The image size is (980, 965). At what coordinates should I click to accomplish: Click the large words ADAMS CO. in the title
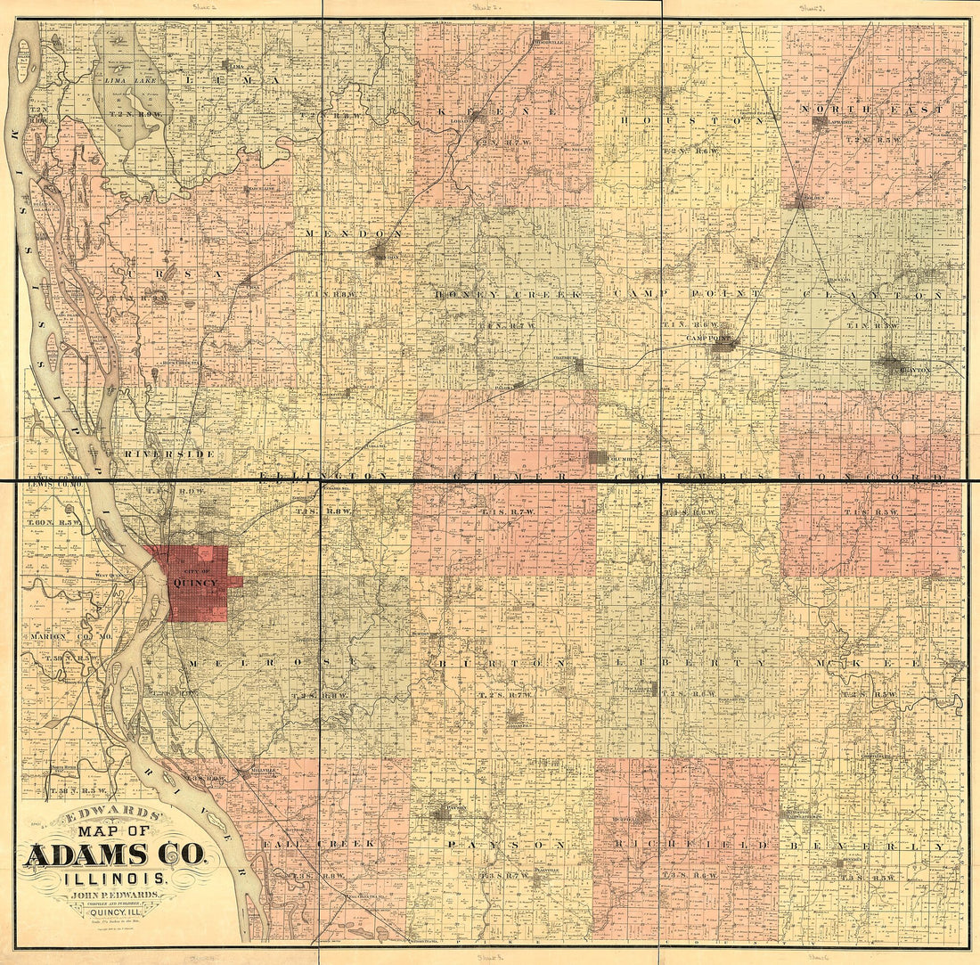click(x=116, y=855)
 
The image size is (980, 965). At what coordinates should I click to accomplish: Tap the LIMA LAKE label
click(x=131, y=81)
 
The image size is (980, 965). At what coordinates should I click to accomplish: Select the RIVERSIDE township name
click(x=169, y=454)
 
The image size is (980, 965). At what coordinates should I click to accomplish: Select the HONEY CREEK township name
click(x=507, y=293)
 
